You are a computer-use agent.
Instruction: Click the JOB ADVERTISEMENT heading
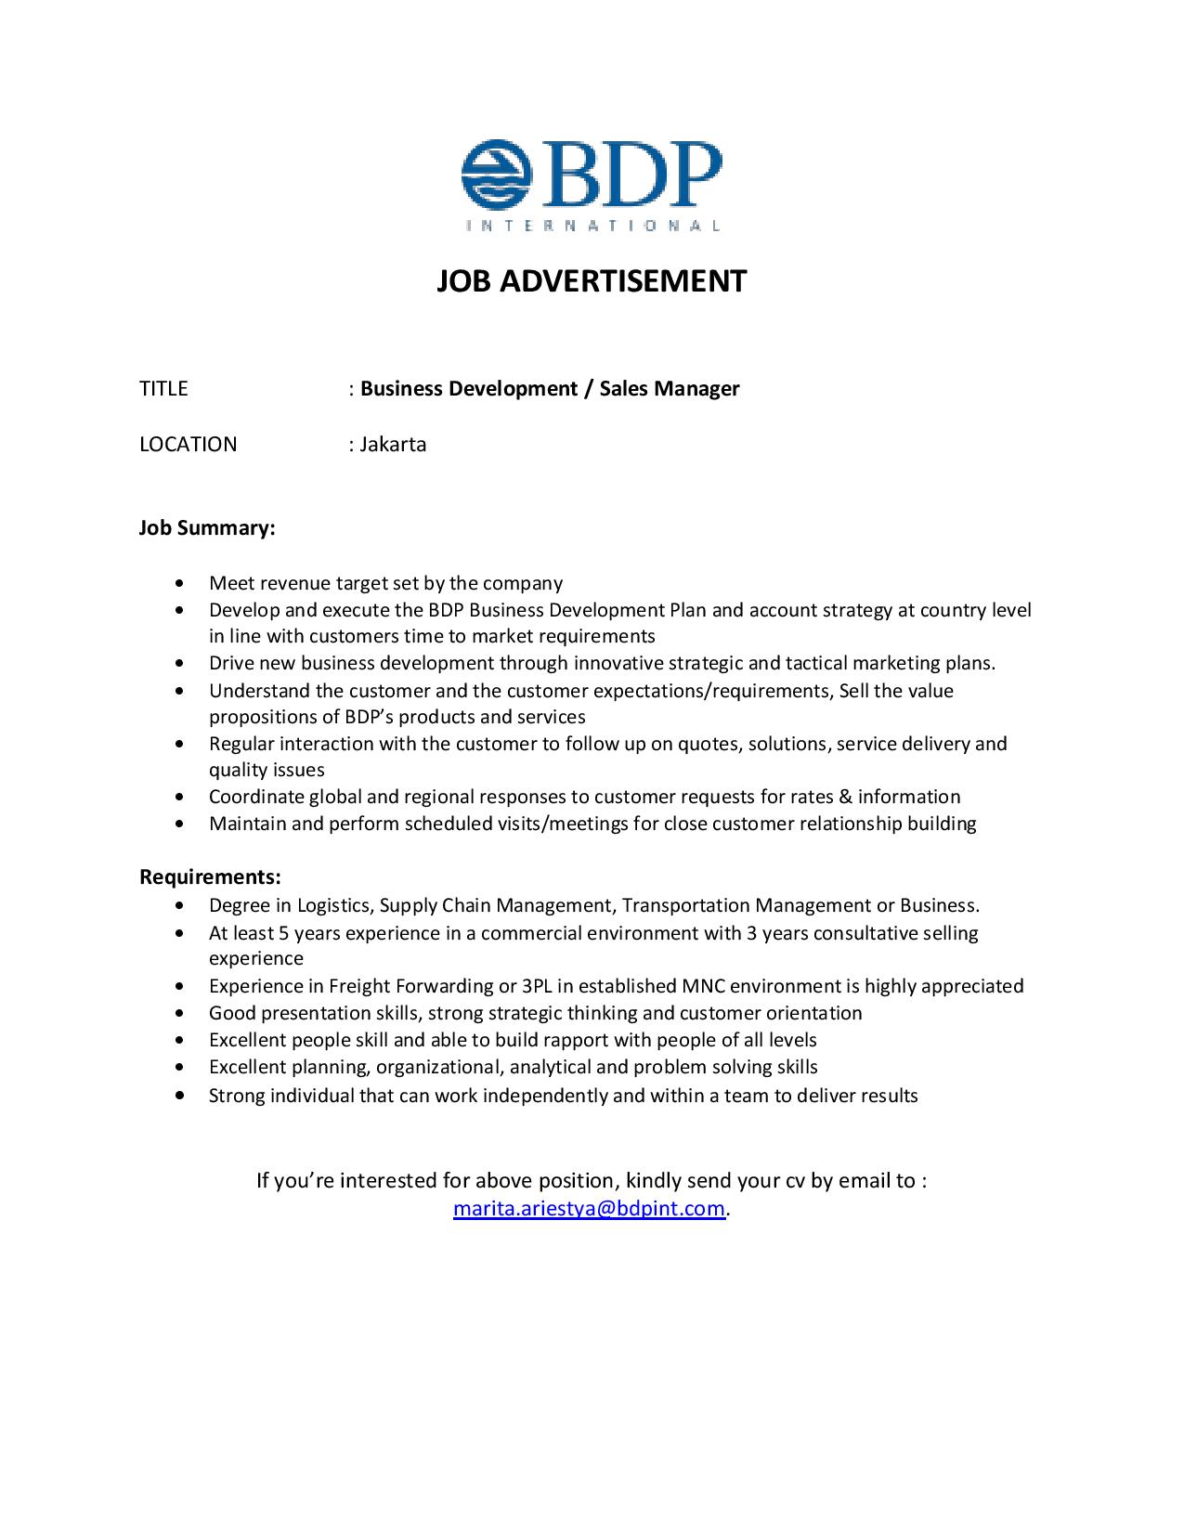coord(592,280)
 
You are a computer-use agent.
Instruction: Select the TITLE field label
coord(163,388)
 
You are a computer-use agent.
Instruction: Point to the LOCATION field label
coord(189,444)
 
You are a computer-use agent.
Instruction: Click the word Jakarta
coord(393,444)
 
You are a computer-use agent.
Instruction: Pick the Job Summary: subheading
coord(207,527)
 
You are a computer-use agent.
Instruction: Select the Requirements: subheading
coord(210,876)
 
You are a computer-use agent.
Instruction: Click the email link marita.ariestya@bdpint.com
coord(589,1208)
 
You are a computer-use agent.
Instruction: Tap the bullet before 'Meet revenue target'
coord(179,583)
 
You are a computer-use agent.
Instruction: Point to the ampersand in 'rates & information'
coord(845,797)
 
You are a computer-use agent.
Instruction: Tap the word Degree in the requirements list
coord(238,905)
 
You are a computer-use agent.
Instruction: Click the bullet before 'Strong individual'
coord(179,1096)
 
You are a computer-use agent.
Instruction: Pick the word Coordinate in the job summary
coord(256,797)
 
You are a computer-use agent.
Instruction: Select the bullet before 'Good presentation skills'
coord(179,1013)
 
